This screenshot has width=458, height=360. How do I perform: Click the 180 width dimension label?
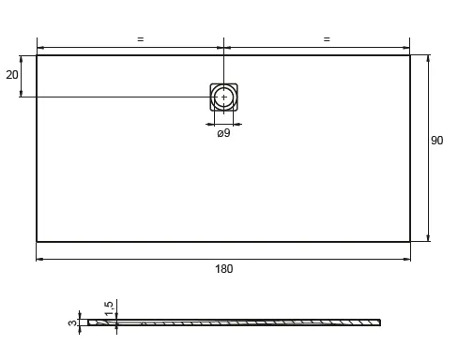coord(223,269)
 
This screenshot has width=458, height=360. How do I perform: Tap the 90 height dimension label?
coord(436,141)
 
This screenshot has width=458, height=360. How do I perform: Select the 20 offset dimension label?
coord(12,75)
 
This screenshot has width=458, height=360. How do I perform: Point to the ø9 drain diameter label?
coord(223,133)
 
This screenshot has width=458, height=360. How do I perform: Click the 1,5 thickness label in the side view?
coord(109,308)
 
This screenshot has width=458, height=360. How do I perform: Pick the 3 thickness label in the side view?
coord(72,322)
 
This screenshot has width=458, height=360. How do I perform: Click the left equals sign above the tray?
coord(141,39)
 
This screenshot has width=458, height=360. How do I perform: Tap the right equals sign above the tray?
coord(327,39)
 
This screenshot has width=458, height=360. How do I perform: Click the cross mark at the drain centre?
coord(224,97)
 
